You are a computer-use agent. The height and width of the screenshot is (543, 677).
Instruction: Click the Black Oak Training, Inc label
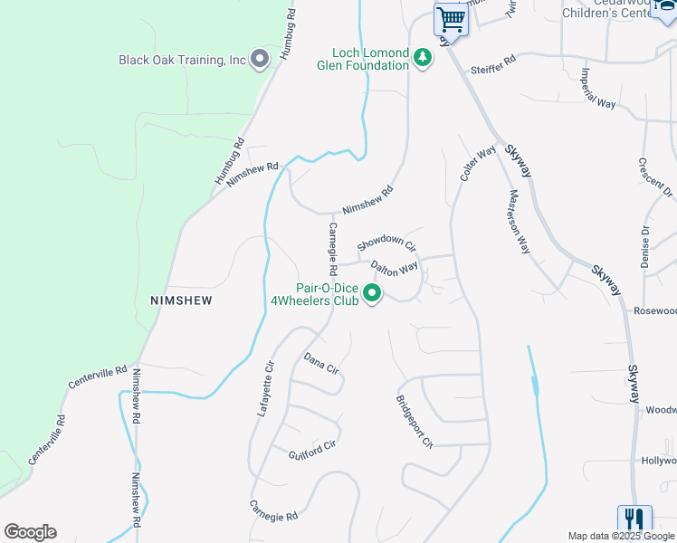(x=182, y=61)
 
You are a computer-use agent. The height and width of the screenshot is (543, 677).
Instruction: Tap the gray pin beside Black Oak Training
(x=260, y=61)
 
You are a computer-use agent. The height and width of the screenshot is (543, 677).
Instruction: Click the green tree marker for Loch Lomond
(x=423, y=59)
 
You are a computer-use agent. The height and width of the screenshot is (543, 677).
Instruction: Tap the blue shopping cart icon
(x=450, y=19)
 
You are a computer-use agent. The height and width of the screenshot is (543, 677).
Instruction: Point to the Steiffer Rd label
(x=492, y=71)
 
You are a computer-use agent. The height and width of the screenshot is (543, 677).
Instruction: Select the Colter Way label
(x=478, y=162)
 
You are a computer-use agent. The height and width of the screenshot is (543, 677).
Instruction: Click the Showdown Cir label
(x=386, y=243)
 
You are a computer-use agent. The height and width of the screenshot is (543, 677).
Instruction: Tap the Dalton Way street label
(x=395, y=268)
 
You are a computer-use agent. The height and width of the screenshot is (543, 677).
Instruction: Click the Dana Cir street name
(x=321, y=364)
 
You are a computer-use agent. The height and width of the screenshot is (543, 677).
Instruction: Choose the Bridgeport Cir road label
(x=415, y=421)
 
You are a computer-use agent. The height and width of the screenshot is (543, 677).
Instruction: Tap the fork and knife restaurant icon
(x=634, y=520)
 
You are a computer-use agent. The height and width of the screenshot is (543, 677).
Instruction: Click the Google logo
(x=30, y=532)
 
